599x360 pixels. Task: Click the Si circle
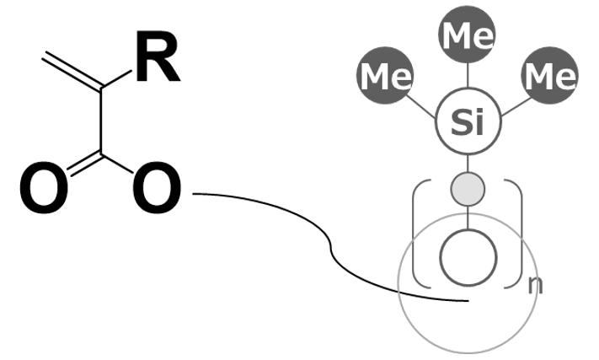(468, 123)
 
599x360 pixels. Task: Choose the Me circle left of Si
(386, 77)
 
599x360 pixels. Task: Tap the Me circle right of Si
(549, 77)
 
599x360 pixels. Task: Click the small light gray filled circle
(468, 188)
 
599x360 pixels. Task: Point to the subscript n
(535, 284)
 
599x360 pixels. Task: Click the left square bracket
(417, 236)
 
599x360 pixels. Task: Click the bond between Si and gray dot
(468, 164)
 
